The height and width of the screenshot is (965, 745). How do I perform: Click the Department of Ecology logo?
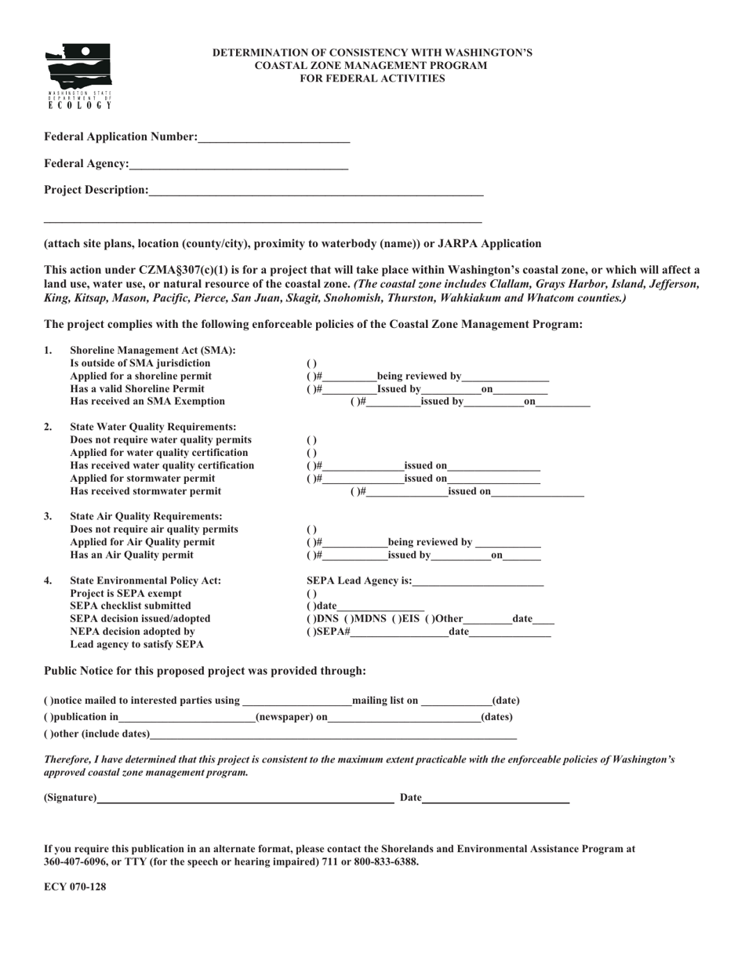pyautogui.click(x=79, y=75)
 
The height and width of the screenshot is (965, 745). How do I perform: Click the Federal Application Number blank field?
pyautogui.click(x=274, y=138)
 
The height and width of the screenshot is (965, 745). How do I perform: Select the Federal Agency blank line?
pyautogui.click(x=238, y=165)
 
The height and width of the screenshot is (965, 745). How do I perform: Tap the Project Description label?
pyautogui.click(x=96, y=190)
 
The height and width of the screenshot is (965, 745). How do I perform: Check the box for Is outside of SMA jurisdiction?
pyautogui.click(x=311, y=364)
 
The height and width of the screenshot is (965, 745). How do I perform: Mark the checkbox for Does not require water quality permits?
pyautogui.click(x=311, y=440)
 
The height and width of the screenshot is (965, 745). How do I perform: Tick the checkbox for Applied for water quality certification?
pyautogui.click(x=311, y=453)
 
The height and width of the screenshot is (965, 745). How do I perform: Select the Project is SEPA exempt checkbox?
pyautogui.click(x=311, y=594)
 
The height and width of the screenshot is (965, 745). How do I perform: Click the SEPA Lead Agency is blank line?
pyautogui.click(x=478, y=582)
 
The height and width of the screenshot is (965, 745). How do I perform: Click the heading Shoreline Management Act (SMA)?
pyautogui.click(x=153, y=350)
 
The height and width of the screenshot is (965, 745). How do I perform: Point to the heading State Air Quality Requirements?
pyautogui.click(x=146, y=516)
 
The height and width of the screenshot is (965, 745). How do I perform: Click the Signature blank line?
pyautogui.click(x=245, y=799)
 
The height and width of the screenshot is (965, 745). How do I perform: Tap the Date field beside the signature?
pyautogui.click(x=495, y=799)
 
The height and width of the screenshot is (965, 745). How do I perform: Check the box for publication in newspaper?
pyautogui.click(x=48, y=717)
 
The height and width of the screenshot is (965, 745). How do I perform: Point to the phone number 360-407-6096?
pyautogui.click(x=74, y=861)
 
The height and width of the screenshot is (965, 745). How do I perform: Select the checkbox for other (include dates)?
pyautogui.click(x=48, y=734)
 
